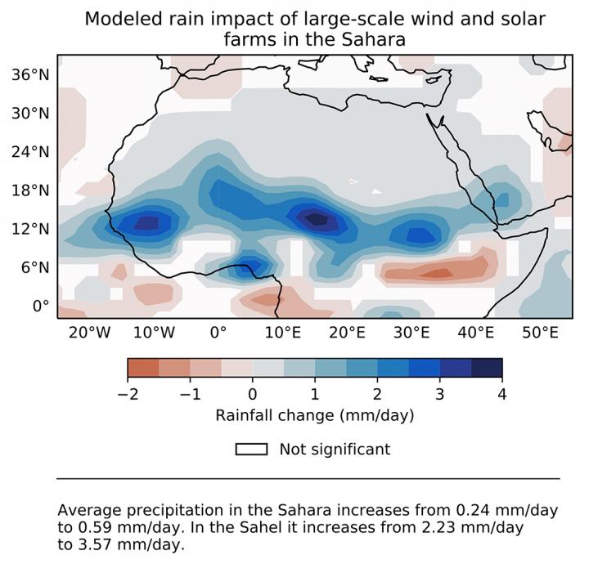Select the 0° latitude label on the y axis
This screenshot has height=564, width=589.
coord(41,305)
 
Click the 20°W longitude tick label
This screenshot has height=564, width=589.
coord(89,333)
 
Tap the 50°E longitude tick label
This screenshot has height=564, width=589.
coord(541,333)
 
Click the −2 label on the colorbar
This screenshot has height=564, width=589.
coord(128,393)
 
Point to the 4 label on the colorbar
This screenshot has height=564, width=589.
coord(502,393)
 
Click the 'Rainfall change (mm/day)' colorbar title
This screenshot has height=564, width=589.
coord(315,415)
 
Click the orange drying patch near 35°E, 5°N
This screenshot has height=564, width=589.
coord(438,273)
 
